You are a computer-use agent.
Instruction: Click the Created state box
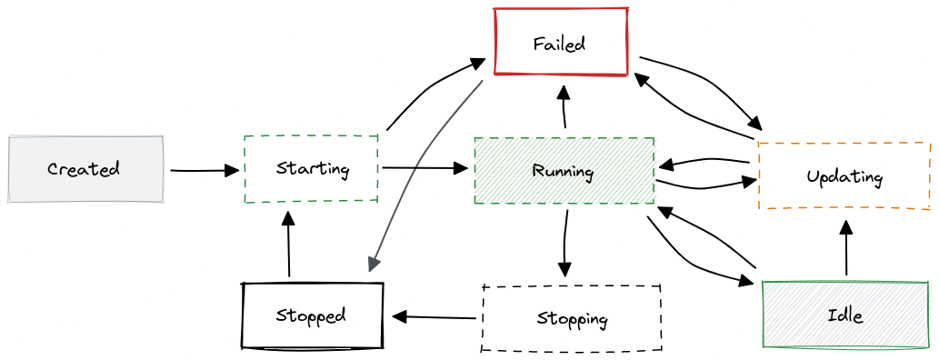pyautogui.click(x=85, y=169)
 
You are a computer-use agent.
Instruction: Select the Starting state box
pyautogui.click(x=311, y=168)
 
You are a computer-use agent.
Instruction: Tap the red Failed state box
pyautogui.click(x=561, y=42)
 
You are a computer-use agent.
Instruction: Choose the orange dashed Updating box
pyautogui.click(x=844, y=175)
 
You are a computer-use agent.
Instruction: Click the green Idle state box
pyautogui.click(x=844, y=315)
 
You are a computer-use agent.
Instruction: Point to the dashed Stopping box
pyautogui.click(x=571, y=318)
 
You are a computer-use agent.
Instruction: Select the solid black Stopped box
pyautogui.click(x=312, y=315)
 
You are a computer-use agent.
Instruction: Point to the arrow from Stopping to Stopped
pyautogui.click(x=434, y=317)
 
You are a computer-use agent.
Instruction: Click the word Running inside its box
pyautogui.click(x=563, y=171)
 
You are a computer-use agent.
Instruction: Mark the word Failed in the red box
pyautogui.click(x=559, y=43)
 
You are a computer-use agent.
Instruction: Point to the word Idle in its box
pyautogui.click(x=844, y=315)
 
